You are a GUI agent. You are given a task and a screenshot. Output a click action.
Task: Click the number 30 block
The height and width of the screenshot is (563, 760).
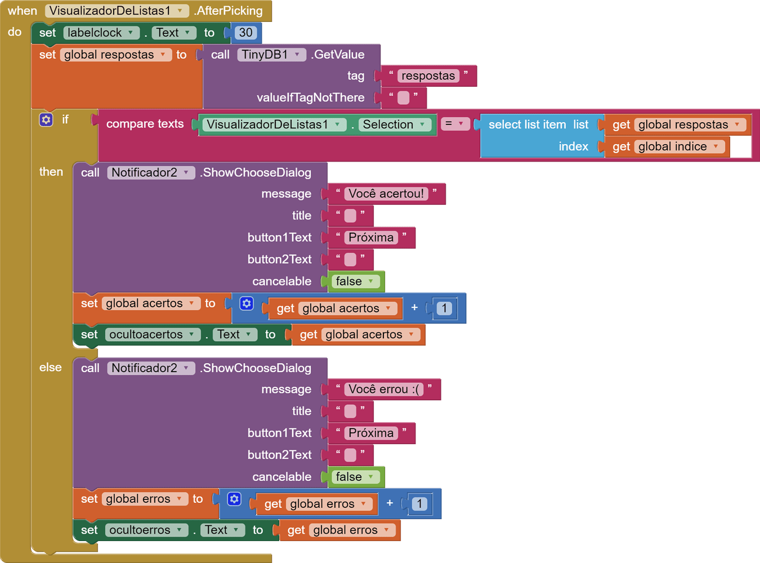246,33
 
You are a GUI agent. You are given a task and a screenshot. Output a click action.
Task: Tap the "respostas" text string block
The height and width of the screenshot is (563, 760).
428,76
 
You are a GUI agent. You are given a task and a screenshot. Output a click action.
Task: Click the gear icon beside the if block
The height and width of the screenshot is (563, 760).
46,119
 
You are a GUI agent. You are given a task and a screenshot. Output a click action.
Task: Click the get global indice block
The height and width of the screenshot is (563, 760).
667,146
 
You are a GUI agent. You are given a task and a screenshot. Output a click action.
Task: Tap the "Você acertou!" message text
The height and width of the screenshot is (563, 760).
386,194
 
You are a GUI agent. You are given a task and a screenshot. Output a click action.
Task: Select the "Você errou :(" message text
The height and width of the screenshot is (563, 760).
385,389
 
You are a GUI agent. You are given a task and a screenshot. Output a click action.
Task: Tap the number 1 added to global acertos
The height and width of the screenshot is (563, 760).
444,308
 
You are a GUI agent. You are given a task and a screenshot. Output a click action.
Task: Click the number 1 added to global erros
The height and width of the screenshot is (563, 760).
419,503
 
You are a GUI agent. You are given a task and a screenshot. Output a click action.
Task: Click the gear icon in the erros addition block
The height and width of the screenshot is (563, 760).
234,499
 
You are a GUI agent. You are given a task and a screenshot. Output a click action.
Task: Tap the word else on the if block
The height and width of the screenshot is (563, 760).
51,368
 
